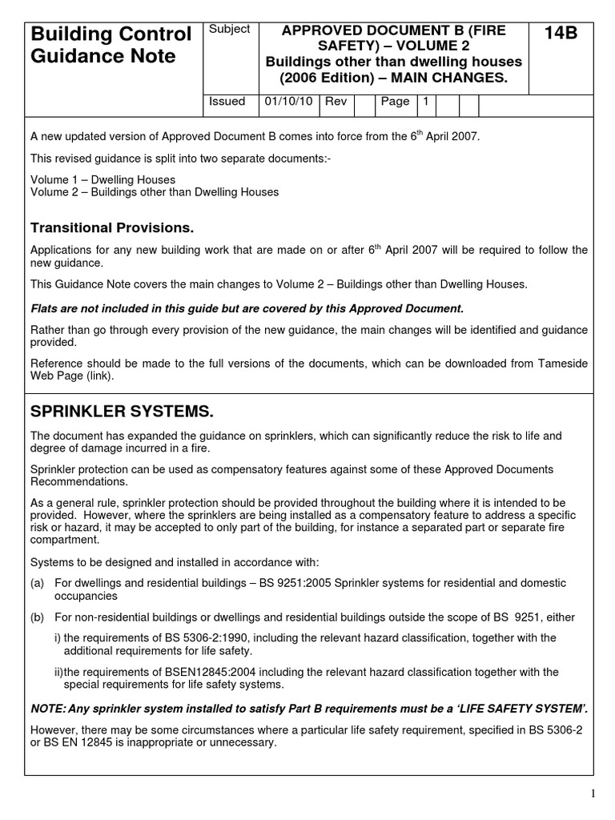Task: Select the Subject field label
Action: tap(229, 29)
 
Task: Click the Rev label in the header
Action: tap(336, 102)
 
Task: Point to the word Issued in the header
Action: tap(227, 102)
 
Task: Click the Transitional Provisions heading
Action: tap(112, 228)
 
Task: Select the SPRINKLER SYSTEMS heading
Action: tap(122, 412)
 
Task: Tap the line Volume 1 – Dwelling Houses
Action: tap(102, 179)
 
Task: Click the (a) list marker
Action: tap(37, 583)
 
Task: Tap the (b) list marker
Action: tap(37, 617)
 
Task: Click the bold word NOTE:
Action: tap(48, 708)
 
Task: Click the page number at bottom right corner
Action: tap(593, 793)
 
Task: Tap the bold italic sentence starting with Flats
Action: tap(247, 308)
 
